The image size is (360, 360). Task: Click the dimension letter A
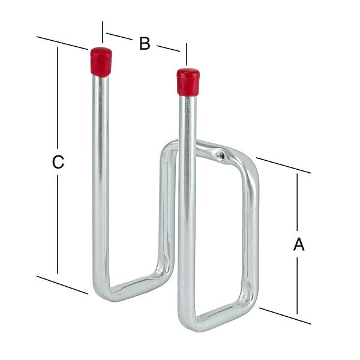pyautogui.click(x=299, y=244)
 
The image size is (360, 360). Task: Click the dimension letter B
pyautogui.click(x=145, y=43)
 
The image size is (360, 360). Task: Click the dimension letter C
pyautogui.click(x=58, y=162)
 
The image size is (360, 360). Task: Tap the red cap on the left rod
pyautogui.click(x=101, y=62)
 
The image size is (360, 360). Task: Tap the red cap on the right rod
pyautogui.click(x=188, y=82)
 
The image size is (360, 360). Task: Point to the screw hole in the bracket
pyautogui.click(x=221, y=155)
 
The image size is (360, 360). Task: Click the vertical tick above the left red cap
pyautogui.click(x=103, y=32)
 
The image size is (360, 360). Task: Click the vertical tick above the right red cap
pyautogui.click(x=187, y=54)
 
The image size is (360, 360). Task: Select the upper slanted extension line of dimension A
pyautogui.click(x=284, y=166)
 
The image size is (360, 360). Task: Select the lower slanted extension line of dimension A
pyautogui.click(x=285, y=316)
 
